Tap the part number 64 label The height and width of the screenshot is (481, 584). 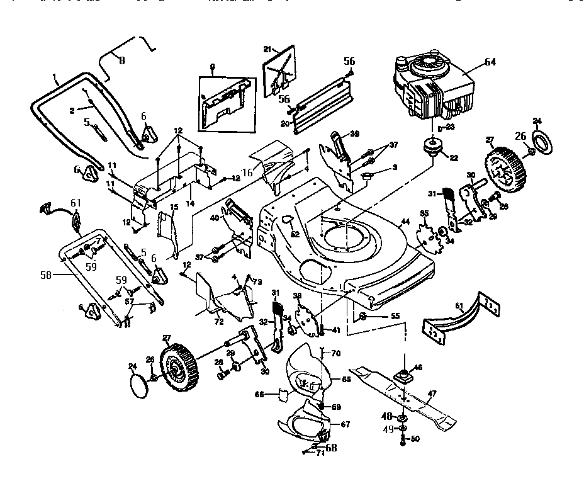coord(490,62)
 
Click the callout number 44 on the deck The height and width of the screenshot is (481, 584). coord(405,223)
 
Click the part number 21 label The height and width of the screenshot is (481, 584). coord(266,49)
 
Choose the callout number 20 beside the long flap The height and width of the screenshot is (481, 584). coord(284,123)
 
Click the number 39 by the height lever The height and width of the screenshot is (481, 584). coord(354,134)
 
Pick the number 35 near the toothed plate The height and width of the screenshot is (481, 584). coord(424,214)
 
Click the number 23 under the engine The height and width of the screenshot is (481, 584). coord(450,126)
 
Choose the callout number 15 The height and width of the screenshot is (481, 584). coord(173,207)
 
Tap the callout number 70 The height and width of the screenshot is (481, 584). coord(335,353)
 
